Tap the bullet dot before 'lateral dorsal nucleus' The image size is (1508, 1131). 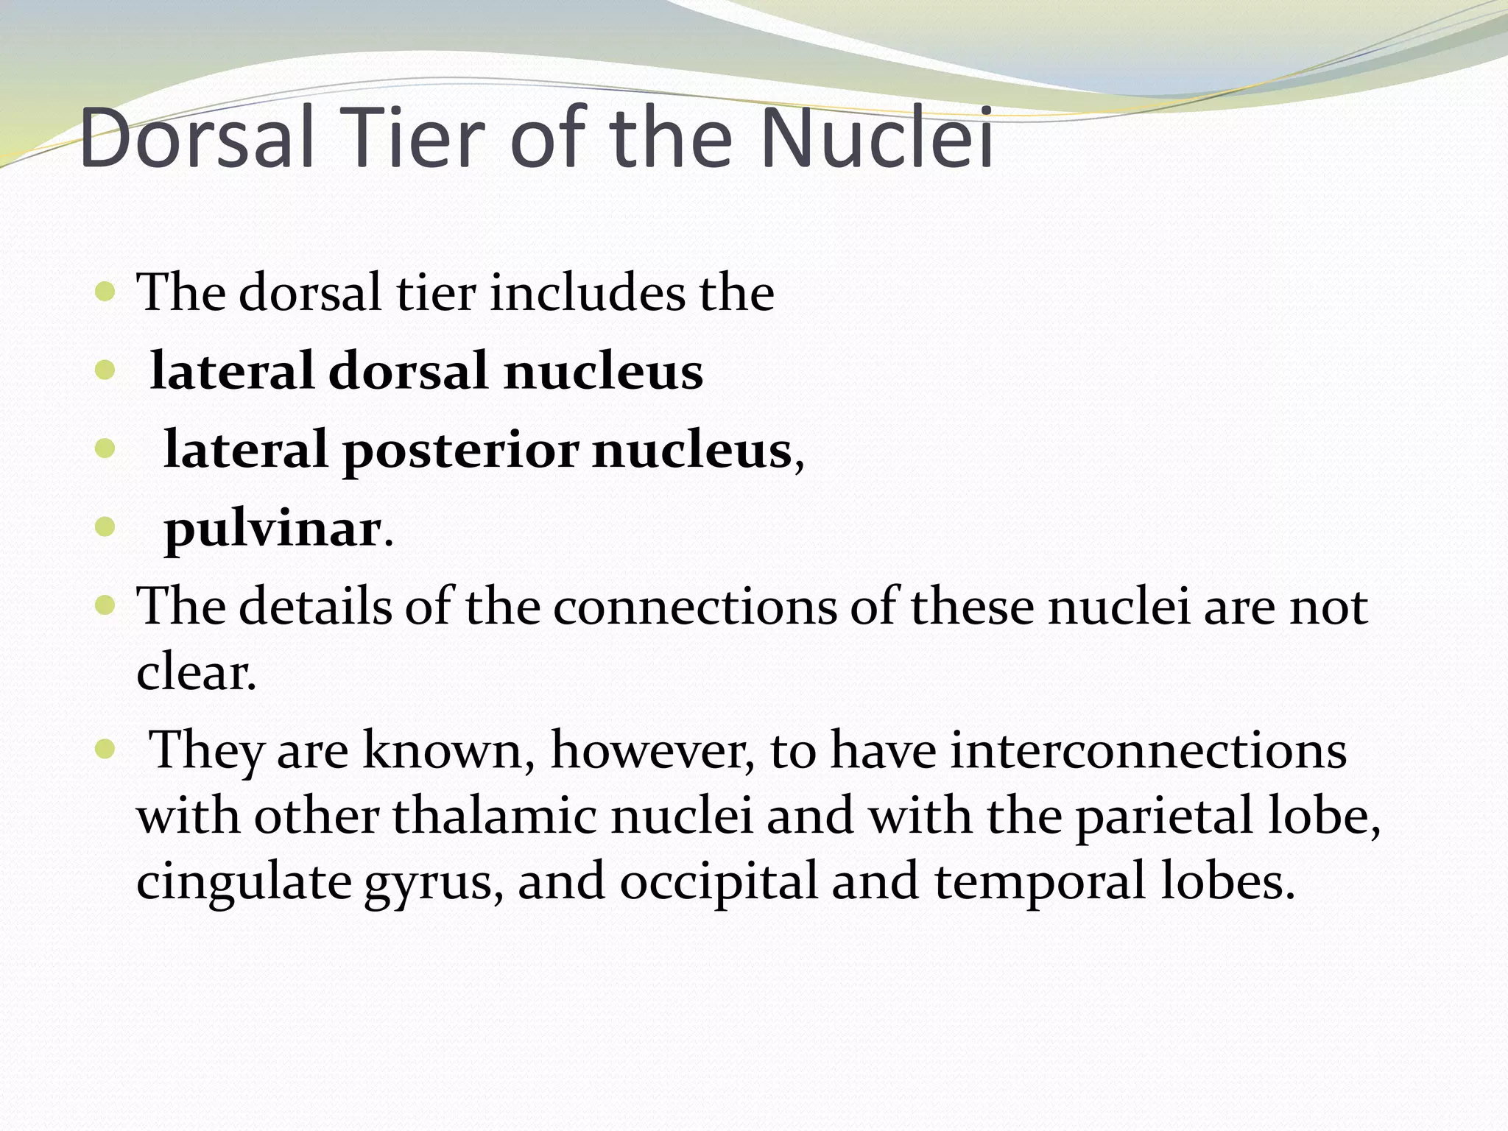click(x=105, y=371)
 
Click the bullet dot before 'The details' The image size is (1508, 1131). click(x=105, y=607)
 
